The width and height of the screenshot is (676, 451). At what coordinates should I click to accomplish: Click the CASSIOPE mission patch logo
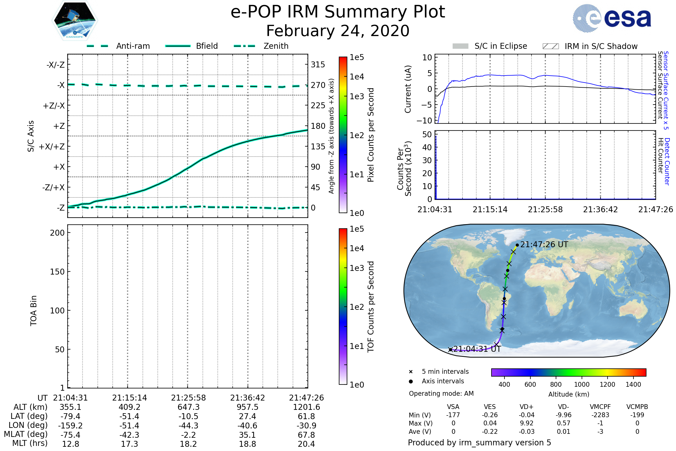click(x=75, y=20)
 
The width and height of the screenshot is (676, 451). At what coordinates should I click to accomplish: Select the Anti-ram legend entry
click(x=133, y=46)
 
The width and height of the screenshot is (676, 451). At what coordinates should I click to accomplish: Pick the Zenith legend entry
click(x=276, y=46)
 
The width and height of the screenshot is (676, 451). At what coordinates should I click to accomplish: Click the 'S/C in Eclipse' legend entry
click(x=501, y=46)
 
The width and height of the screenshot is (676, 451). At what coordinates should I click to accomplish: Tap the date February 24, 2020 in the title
click(x=338, y=31)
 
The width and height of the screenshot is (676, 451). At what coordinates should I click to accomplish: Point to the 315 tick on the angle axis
click(x=318, y=65)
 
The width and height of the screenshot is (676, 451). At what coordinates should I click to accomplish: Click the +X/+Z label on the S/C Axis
click(x=52, y=147)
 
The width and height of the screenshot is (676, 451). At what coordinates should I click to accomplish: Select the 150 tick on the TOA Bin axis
click(x=57, y=272)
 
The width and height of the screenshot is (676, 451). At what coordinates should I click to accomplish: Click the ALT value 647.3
click(x=188, y=407)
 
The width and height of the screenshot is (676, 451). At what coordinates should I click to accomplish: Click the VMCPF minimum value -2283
click(x=600, y=415)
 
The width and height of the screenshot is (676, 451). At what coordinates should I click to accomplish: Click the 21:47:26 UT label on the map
click(x=544, y=245)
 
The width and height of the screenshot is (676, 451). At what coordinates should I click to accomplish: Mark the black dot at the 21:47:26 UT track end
click(x=517, y=245)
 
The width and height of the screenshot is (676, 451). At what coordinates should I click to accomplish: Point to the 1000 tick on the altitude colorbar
click(x=582, y=384)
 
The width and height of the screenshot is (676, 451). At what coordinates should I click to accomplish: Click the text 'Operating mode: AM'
click(x=441, y=393)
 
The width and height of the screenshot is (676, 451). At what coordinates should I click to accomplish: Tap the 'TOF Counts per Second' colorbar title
click(x=371, y=307)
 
